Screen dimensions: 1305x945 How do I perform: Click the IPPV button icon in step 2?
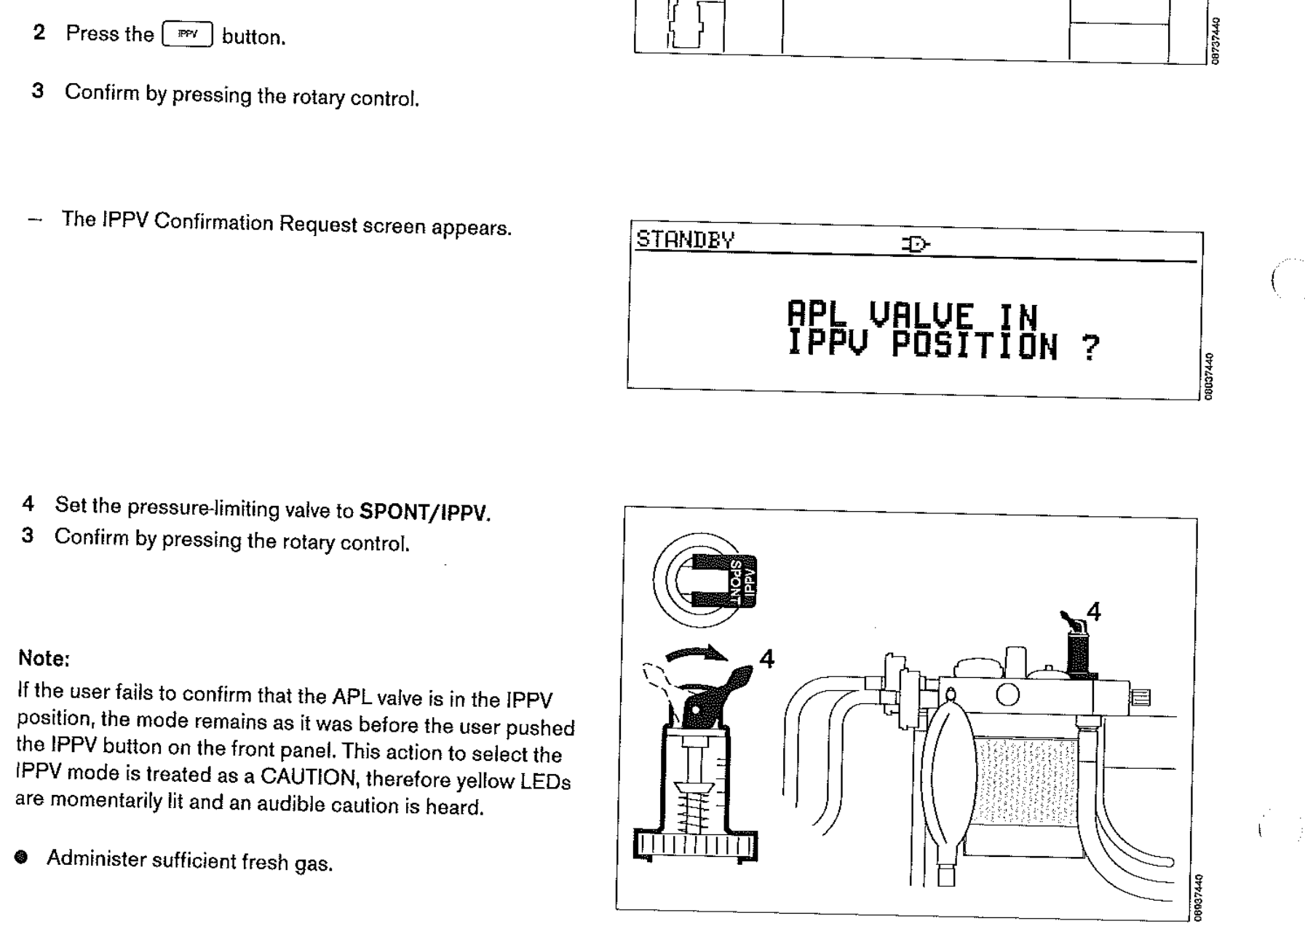point(188,34)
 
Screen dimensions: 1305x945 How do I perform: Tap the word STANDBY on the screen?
point(686,240)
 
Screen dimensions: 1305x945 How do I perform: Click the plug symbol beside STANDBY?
point(916,244)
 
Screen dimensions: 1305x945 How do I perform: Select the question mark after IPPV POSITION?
point(1090,348)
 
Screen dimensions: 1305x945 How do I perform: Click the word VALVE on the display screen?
point(921,316)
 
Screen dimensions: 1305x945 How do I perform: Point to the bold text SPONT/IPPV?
point(425,513)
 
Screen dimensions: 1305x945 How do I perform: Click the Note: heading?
point(44,658)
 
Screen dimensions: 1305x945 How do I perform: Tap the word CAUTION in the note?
point(309,777)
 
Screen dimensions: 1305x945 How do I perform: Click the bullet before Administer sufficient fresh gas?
point(21,857)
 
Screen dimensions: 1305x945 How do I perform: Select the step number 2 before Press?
point(39,32)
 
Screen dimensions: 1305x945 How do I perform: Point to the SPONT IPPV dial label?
point(741,581)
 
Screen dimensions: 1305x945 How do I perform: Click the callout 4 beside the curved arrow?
point(766,659)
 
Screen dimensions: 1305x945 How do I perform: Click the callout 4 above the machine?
point(1093,612)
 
